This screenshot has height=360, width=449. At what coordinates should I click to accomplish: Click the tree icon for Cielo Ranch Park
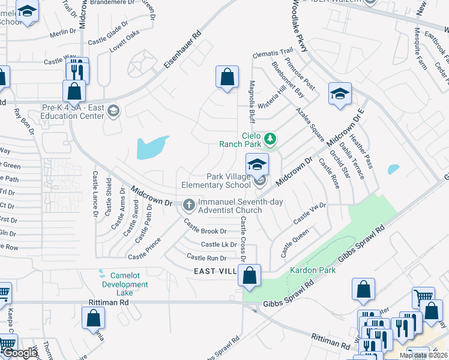(271, 139)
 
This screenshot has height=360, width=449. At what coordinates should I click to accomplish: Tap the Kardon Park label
(313, 271)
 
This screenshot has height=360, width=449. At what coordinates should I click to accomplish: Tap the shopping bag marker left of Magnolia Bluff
(227, 77)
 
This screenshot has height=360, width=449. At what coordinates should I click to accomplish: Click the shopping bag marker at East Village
(250, 276)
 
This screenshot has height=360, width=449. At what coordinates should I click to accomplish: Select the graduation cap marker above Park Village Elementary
(257, 164)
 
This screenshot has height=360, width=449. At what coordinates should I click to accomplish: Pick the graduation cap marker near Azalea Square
(340, 94)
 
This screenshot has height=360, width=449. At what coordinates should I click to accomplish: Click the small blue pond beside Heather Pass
(394, 169)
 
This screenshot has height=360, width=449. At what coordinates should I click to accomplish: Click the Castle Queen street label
(295, 242)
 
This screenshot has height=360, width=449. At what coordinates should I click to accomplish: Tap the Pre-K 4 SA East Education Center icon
(114, 112)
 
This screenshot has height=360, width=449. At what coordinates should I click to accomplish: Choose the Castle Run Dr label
(206, 257)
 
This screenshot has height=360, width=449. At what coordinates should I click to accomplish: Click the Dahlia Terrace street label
(351, 160)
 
